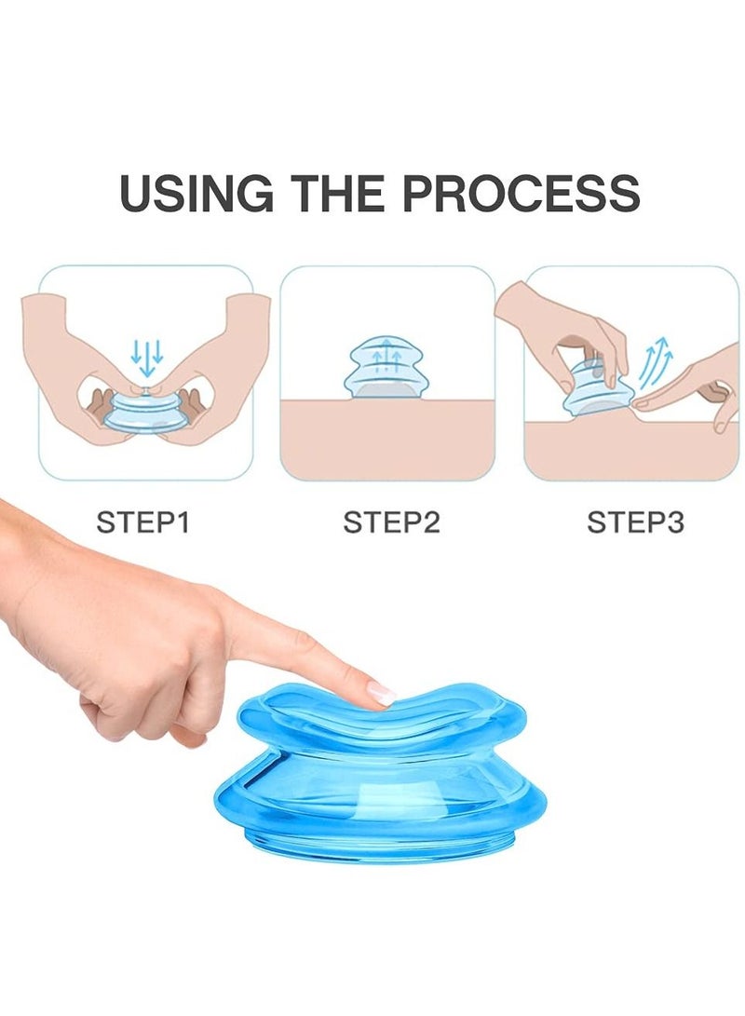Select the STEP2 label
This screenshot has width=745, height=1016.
391,522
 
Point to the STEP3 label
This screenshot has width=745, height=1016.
635,522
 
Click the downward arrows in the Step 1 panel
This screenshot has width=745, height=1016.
147,354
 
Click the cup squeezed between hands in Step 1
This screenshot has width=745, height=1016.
144,413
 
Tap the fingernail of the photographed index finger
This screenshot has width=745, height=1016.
382,694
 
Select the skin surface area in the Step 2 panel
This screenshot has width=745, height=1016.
386,438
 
